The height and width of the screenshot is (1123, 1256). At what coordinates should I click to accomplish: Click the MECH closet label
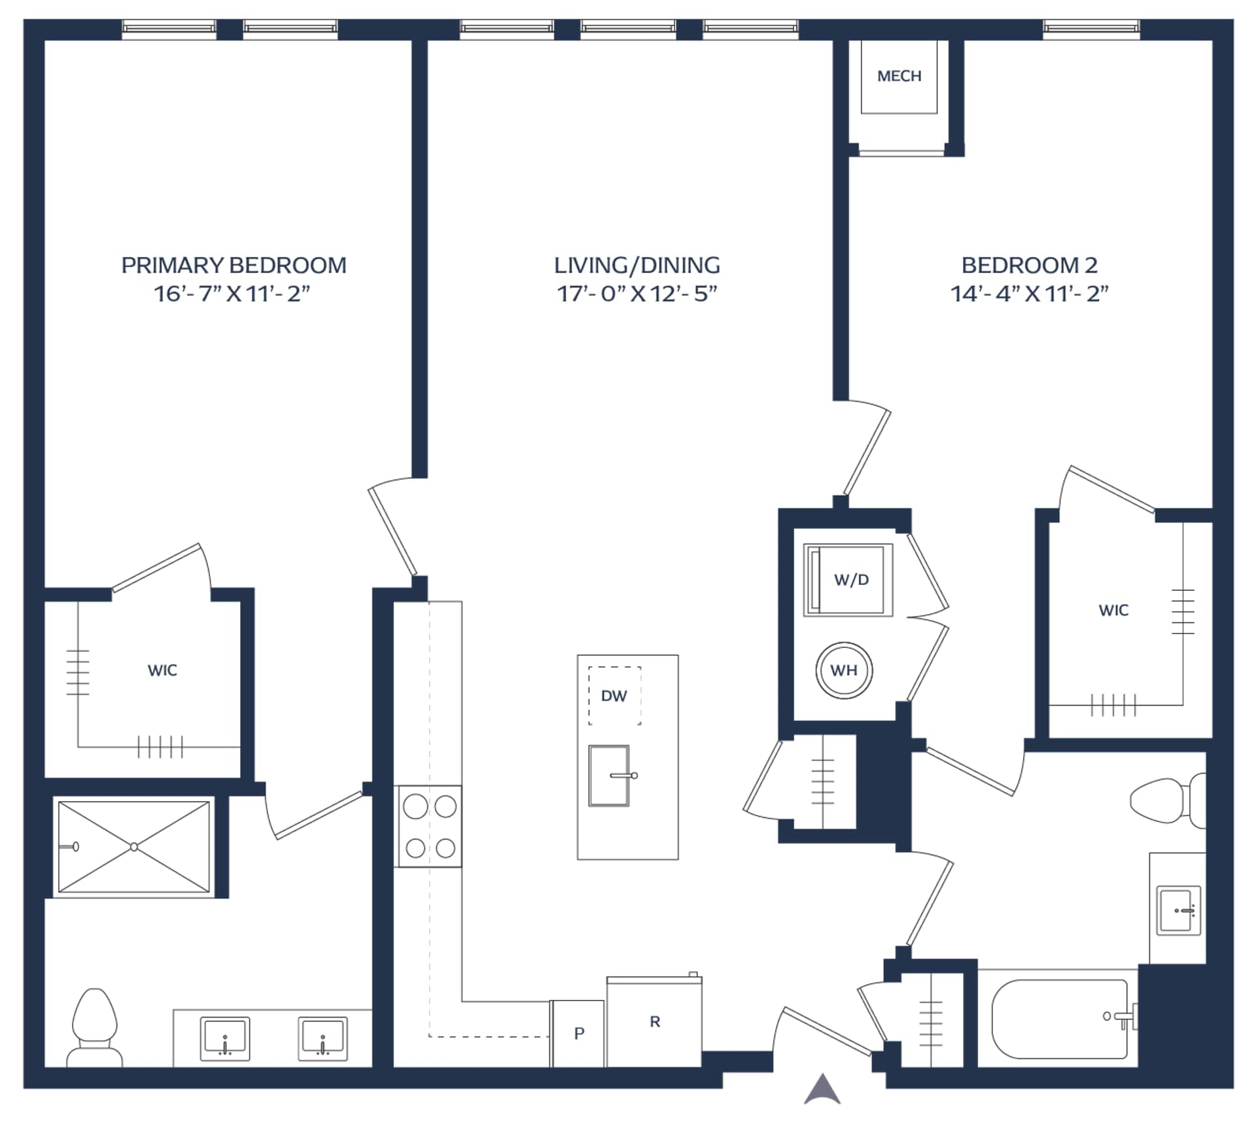coord(899,76)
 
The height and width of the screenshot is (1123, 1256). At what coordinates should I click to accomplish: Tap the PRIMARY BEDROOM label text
coord(234,265)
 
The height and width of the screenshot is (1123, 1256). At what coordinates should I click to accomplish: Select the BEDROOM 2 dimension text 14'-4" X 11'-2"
coord(1029,293)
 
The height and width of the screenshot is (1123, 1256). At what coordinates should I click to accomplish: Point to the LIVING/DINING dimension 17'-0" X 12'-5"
coord(637,293)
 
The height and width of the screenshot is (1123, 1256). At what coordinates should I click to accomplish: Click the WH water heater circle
coord(844,670)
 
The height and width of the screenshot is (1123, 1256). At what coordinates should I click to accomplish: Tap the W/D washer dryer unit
coord(848,580)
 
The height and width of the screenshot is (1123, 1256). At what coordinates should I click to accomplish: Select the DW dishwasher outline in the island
coord(614,696)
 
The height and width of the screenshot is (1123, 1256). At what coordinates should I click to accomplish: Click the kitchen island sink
coord(610,775)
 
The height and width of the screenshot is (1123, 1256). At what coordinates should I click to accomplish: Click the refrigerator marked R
coord(654,1022)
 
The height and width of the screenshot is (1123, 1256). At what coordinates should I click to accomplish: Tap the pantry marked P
coord(578,1033)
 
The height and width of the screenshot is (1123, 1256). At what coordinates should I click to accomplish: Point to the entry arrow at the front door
coord(822,1089)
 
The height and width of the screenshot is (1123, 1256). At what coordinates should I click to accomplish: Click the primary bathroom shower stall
coord(134,847)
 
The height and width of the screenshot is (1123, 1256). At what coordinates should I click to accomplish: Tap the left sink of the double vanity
coord(224,1039)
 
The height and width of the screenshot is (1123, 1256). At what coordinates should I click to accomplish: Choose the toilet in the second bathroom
coord(1168,800)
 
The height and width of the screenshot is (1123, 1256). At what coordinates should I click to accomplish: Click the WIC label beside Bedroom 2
coord(1113,611)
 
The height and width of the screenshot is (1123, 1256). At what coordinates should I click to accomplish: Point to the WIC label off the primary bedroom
coord(162,670)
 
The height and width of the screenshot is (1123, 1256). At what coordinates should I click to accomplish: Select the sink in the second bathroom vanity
coord(1179,910)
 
